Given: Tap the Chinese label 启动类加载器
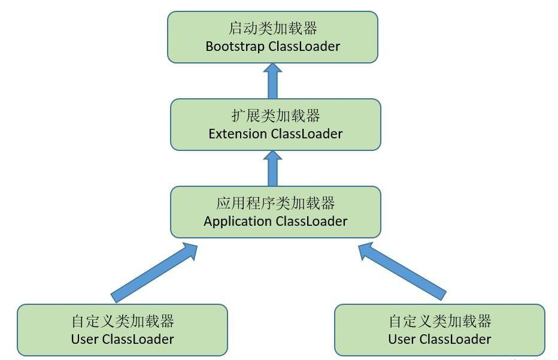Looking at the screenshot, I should [272, 28].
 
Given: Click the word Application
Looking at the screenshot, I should [237, 221].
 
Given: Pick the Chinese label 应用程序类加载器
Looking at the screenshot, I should [275, 202].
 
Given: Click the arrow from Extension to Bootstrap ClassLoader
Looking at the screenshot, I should [273, 81].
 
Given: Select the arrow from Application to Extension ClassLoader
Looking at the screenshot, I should [273, 168].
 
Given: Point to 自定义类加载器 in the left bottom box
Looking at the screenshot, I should [122, 321].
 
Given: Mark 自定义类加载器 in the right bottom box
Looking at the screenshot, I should [440, 321].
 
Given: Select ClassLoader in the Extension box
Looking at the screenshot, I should [307, 134].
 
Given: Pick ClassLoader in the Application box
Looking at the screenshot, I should [311, 221].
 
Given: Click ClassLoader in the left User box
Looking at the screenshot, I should [138, 339].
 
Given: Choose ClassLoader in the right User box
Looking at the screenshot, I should [455, 339].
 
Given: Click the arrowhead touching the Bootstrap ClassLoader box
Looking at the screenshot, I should [273, 69].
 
